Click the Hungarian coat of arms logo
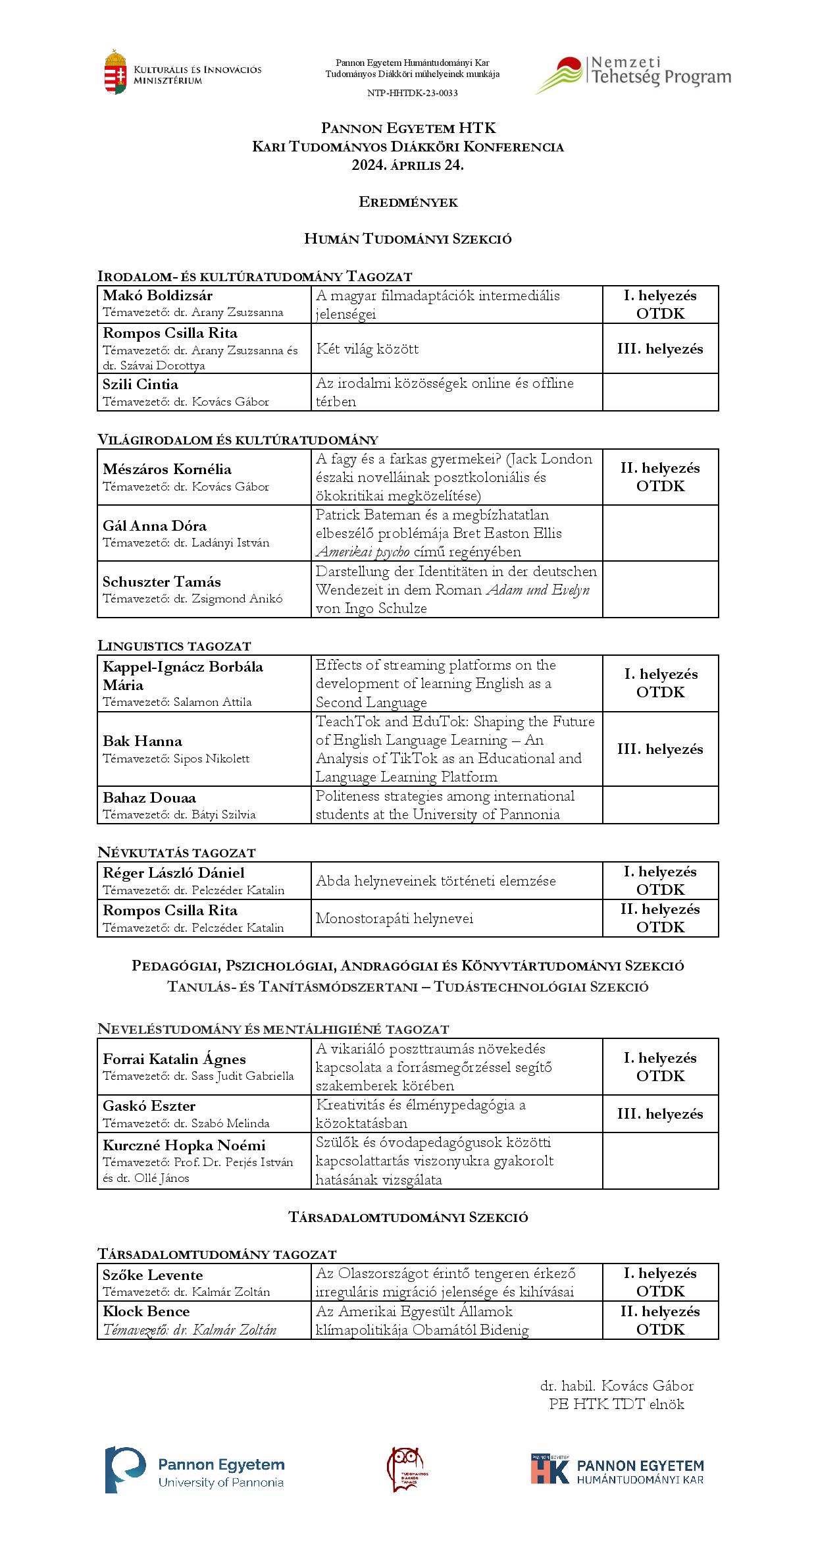pyautogui.click(x=115, y=72)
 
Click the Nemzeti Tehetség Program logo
pyautogui.click(x=632, y=74)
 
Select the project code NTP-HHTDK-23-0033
pyautogui.click(x=412, y=93)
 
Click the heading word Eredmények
pyautogui.click(x=408, y=202)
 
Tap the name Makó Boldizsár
pyautogui.click(x=157, y=296)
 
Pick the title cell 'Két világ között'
pyautogui.click(x=367, y=349)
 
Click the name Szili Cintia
pyautogui.click(x=140, y=385)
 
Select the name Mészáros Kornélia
pyautogui.click(x=167, y=469)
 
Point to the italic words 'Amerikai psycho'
pyautogui.click(x=363, y=552)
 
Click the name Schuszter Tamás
pyautogui.click(x=162, y=582)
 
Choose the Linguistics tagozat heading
pyautogui.click(x=174, y=646)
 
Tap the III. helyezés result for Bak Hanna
pyautogui.click(x=660, y=749)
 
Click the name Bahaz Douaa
pyautogui.click(x=149, y=798)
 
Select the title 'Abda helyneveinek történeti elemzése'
pyautogui.click(x=436, y=881)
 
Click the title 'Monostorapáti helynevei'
pyautogui.click(x=394, y=918)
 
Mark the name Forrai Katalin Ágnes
pyautogui.click(x=174, y=1059)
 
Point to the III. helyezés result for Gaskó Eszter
pyautogui.click(x=660, y=1114)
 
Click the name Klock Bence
pyautogui.click(x=146, y=1312)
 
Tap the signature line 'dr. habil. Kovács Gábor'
pyautogui.click(x=617, y=1386)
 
